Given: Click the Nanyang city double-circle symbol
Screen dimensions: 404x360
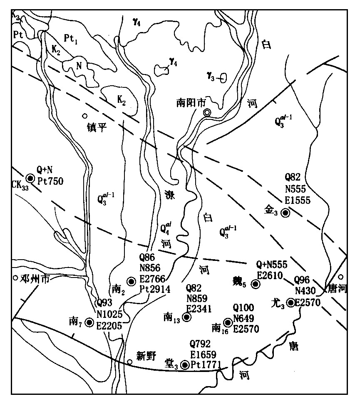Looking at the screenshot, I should (x=207, y=112).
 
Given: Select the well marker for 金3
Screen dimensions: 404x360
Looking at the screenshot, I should (x=286, y=213).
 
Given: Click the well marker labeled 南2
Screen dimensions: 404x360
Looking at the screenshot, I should (x=132, y=282).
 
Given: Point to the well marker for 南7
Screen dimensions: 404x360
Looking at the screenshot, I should (x=89, y=322).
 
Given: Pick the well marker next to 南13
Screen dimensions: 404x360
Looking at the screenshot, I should (x=186, y=317).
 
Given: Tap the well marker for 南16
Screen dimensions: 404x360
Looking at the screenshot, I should (x=228, y=322).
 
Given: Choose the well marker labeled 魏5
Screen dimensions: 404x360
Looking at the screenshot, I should (x=256, y=284).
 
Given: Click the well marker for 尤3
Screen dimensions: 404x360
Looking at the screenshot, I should (x=290, y=302).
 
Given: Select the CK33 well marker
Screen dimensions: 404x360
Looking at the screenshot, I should (x=30, y=178).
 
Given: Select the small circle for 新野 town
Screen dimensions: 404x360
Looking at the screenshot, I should (x=130, y=362).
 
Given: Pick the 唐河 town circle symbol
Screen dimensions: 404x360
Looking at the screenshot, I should (x=341, y=277).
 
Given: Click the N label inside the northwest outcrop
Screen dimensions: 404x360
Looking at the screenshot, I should (x=78, y=65).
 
